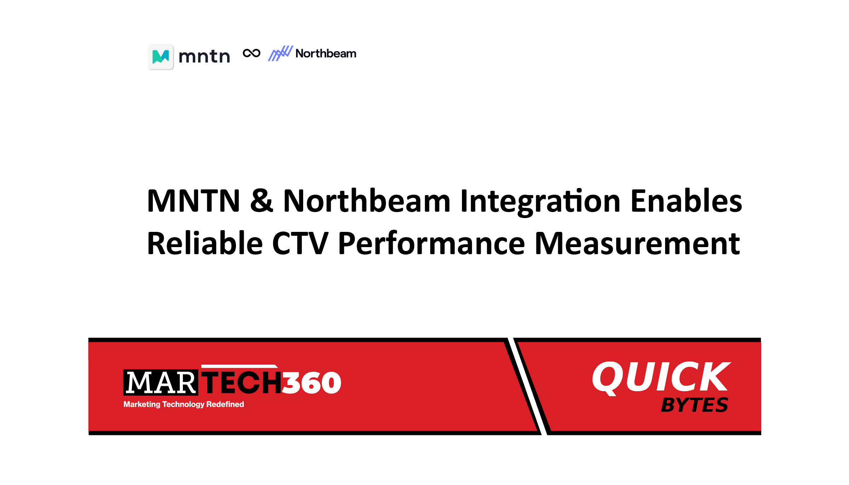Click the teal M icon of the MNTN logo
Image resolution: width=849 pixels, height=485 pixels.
[x=161, y=57]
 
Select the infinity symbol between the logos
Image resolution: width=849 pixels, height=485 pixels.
[x=252, y=53]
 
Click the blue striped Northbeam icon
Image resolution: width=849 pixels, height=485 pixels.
[x=281, y=53]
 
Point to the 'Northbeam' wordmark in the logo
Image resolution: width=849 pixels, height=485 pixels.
[x=326, y=53]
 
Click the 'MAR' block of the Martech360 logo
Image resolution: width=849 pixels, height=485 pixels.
[x=161, y=383]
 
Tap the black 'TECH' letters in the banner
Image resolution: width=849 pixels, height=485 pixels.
[x=242, y=382]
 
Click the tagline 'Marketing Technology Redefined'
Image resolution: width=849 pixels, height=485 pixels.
[x=184, y=404]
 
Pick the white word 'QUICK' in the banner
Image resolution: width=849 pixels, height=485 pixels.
[x=661, y=377]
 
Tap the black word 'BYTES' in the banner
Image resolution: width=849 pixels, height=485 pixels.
[x=694, y=405]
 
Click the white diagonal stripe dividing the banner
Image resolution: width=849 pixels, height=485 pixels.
[x=527, y=386]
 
